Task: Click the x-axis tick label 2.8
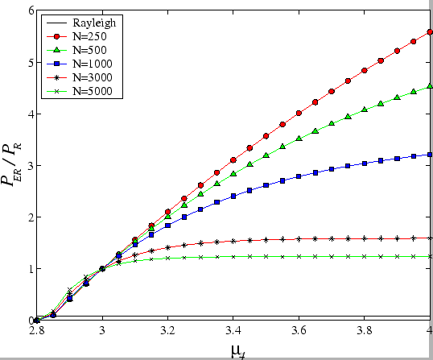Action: point(36,330)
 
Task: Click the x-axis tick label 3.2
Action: point(167,330)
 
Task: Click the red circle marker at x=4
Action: point(430,32)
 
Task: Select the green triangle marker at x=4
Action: point(430,86)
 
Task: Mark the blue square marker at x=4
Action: point(430,154)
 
